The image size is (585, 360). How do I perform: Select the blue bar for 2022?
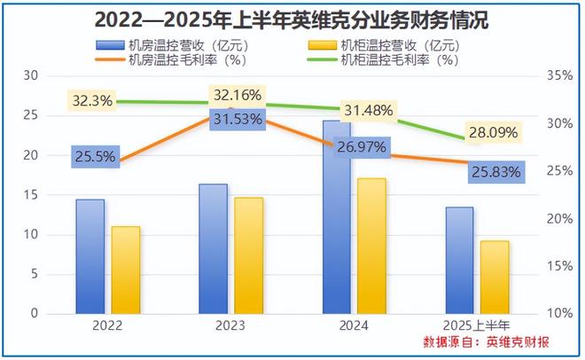click(x=90, y=255)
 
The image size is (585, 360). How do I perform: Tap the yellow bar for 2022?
click(x=126, y=270)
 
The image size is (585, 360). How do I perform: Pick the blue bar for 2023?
click(x=214, y=248)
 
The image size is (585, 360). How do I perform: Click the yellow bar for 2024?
click(x=371, y=246)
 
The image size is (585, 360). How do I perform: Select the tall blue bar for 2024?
click(x=336, y=217)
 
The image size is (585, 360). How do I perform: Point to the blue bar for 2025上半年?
click(x=459, y=260)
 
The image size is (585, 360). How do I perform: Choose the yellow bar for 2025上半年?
click(x=495, y=277)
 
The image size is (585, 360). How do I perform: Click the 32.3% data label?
click(x=93, y=101)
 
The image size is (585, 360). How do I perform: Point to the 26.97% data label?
click(x=363, y=145)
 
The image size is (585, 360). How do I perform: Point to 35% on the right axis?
click(x=559, y=76)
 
